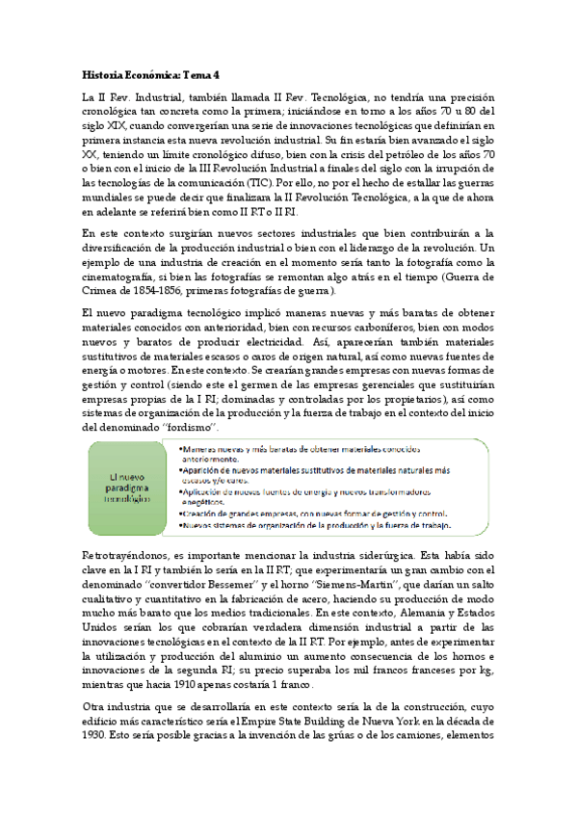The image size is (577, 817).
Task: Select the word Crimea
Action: coord(102,290)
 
